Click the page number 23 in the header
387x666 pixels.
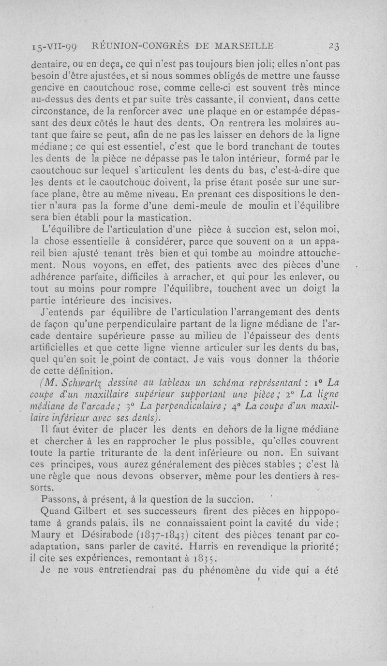pyautogui.click(x=332, y=46)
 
